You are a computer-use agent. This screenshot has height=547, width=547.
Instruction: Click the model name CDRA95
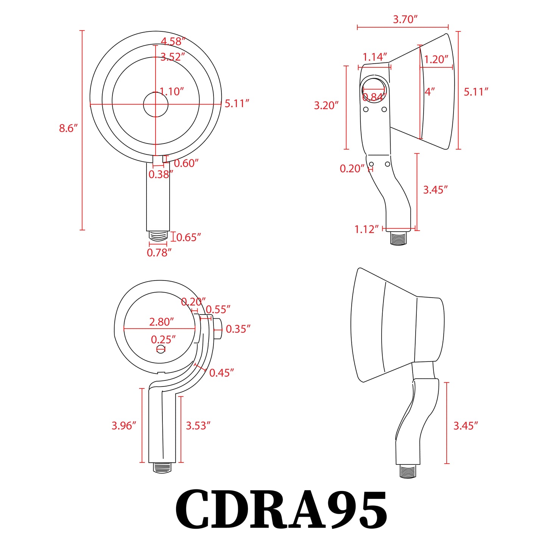(281, 509)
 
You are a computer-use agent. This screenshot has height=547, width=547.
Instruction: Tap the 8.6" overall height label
(68, 128)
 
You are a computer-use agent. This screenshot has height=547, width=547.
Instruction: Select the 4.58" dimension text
(173, 41)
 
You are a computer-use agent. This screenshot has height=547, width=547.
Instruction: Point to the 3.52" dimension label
(173, 57)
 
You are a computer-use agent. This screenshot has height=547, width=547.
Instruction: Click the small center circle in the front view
(156, 104)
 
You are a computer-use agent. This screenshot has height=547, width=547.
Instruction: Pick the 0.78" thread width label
(159, 252)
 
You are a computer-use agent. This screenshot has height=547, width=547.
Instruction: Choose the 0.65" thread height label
(189, 237)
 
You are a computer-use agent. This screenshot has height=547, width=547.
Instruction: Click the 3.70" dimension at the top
(405, 19)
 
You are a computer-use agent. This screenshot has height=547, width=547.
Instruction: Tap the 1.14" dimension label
(375, 57)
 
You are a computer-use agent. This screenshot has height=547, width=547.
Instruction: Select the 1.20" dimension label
(436, 59)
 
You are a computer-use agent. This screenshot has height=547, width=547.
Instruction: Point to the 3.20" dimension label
(326, 105)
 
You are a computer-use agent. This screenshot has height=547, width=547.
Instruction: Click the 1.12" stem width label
(366, 229)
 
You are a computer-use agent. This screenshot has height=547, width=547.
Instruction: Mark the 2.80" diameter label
(161, 322)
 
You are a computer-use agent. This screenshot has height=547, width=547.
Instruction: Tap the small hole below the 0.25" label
(161, 349)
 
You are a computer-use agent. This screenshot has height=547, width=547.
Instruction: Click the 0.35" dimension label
(238, 329)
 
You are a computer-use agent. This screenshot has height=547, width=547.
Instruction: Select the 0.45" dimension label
(221, 373)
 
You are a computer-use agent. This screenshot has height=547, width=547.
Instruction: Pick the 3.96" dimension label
(124, 425)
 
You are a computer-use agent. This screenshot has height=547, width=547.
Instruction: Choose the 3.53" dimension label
(198, 425)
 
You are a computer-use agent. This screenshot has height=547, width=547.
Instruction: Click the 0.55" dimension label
(218, 309)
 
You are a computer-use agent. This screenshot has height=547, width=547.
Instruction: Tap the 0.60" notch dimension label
(186, 163)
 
